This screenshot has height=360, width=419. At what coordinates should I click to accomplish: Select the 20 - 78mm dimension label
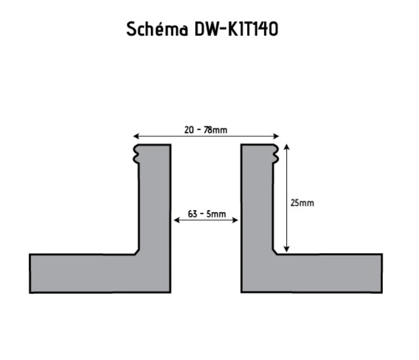tap(205, 130)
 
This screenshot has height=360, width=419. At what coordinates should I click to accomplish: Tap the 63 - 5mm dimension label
tap(207, 214)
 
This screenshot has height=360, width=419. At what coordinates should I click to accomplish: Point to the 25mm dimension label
tap(302, 203)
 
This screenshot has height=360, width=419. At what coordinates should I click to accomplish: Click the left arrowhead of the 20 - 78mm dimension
tap(136, 136)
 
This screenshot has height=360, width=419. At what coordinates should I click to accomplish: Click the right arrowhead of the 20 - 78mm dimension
tap(277, 136)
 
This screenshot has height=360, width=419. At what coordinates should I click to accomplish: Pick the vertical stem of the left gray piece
tap(155, 205)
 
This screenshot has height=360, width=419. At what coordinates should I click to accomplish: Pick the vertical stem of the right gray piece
tap(257, 205)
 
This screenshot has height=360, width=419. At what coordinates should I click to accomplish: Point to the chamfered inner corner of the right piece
tap(274, 252)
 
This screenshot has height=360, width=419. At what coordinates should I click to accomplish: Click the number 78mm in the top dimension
tap(217, 130)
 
